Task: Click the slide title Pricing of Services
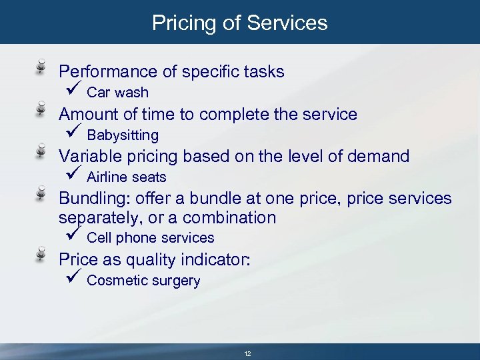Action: click(240, 23)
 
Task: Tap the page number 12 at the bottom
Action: click(247, 353)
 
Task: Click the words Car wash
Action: click(117, 93)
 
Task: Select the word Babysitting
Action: click(123, 135)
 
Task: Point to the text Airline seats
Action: click(126, 177)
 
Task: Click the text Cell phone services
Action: click(150, 238)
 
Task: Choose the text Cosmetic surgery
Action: click(143, 281)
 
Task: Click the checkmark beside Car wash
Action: click(73, 90)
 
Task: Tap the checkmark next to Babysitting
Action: click(73, 133)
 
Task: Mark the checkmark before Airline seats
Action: click(73, 175)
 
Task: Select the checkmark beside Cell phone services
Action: click(73, 235)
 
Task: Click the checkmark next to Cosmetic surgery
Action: click(73, 278)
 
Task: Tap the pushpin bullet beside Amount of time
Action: click(41, 109)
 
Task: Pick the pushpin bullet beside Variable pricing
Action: click(41, 152)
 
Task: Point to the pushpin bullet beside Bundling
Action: click(41, 194)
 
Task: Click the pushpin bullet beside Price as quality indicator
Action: click(41, 255)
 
